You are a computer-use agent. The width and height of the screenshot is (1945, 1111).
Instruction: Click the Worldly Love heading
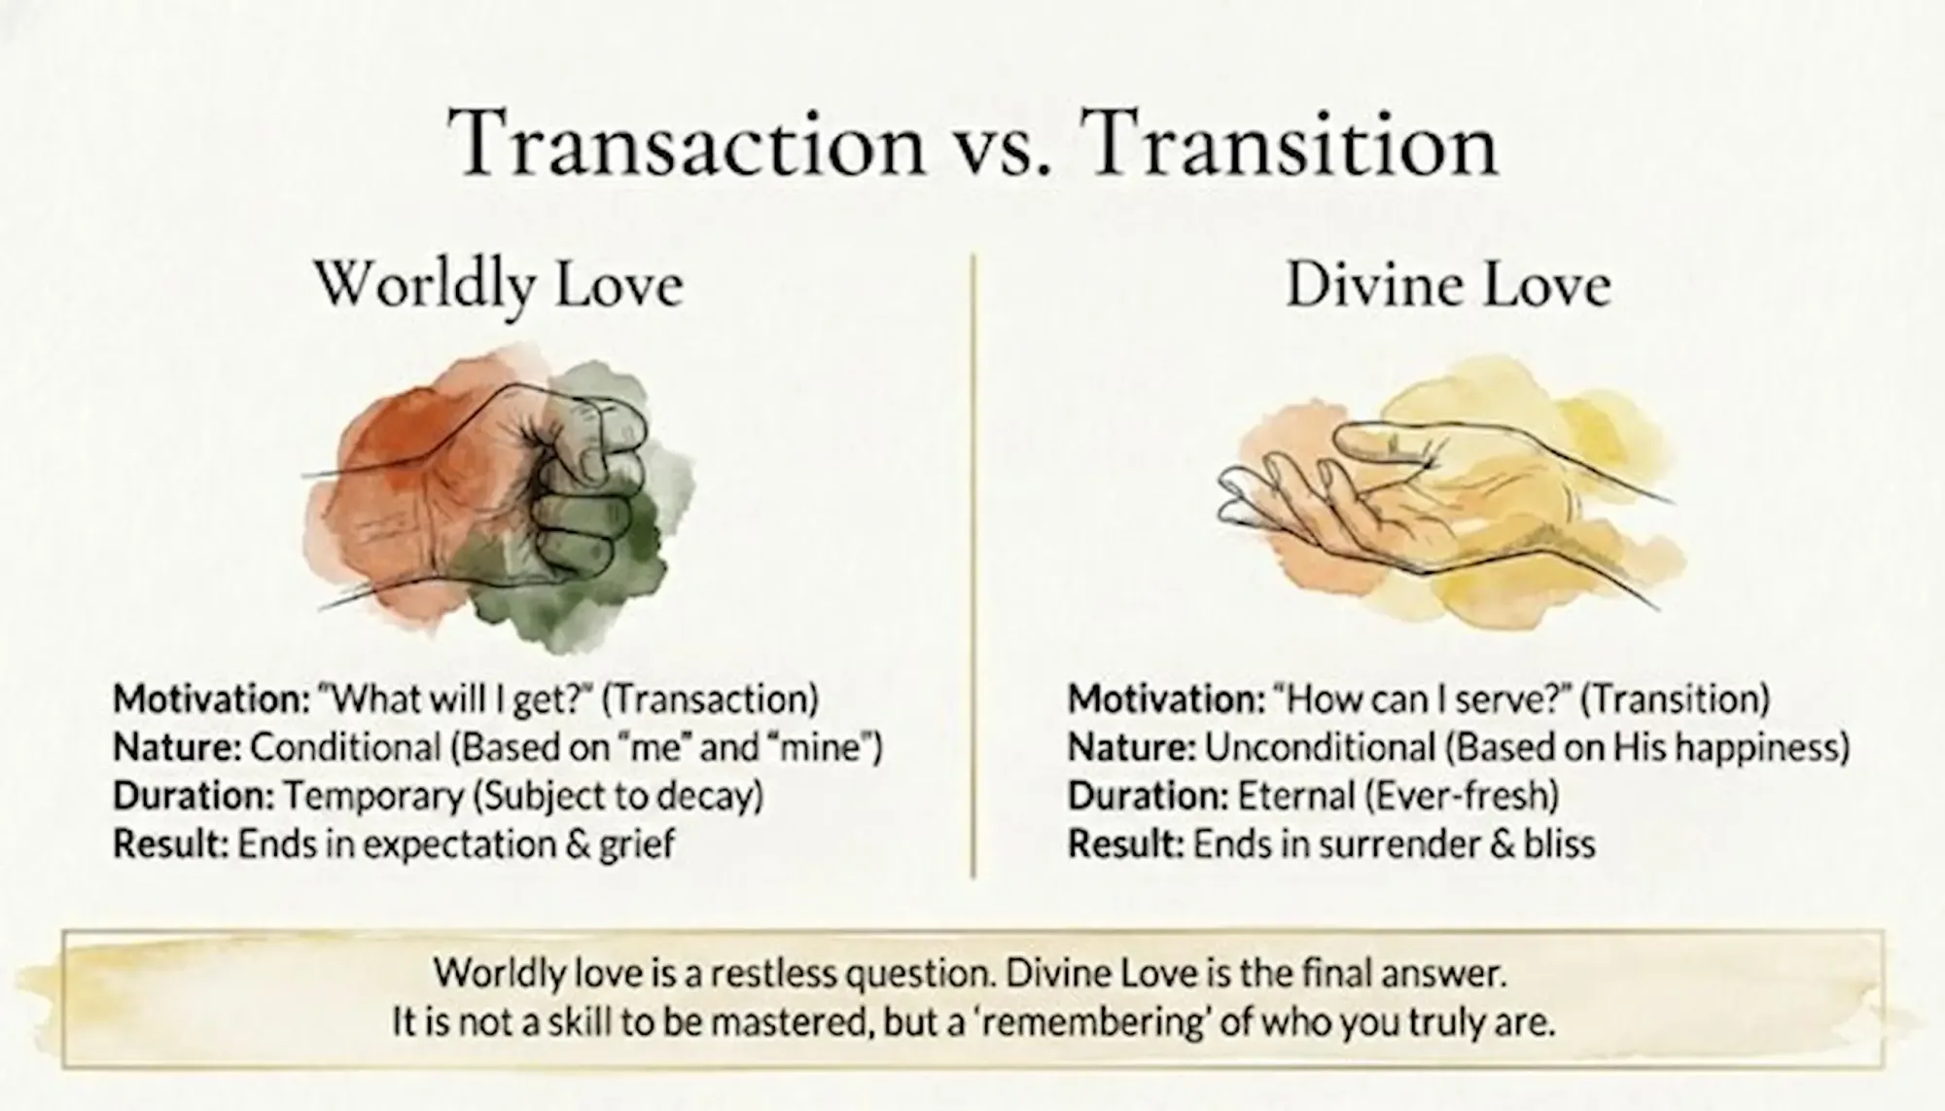499,286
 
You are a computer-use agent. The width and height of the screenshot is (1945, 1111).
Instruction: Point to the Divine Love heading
1448,286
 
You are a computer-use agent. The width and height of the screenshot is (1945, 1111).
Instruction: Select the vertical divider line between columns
973,564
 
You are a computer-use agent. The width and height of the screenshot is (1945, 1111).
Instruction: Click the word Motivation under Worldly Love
209,699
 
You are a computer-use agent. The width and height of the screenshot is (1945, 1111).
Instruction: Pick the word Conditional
345,747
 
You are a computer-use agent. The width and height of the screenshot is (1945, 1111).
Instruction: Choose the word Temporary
372,796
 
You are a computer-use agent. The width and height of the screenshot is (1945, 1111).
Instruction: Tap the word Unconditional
1319,747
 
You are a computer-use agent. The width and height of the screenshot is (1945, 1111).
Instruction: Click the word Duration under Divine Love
1149,796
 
